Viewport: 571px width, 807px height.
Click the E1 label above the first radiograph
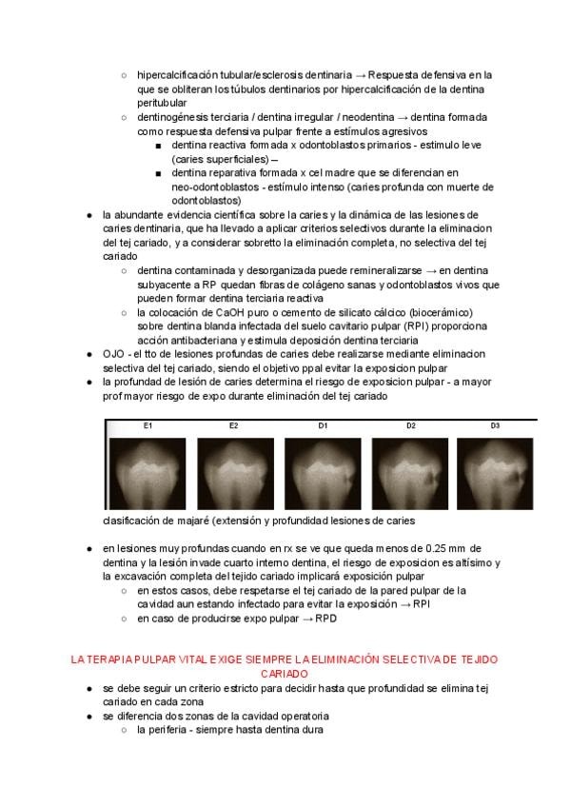point(148,425)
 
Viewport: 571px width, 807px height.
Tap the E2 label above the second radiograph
point(233,425)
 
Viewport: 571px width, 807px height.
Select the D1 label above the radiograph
point(324,425)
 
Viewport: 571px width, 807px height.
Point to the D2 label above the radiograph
point(411,425)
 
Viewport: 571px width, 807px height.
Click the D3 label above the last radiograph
point(495,425)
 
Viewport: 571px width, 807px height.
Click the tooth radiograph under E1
point(148,473)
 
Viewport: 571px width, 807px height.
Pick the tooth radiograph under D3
point(496,473)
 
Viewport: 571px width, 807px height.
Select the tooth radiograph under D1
point(322,473)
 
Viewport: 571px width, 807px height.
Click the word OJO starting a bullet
point(115,354)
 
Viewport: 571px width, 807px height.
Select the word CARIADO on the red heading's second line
point(285,673)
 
